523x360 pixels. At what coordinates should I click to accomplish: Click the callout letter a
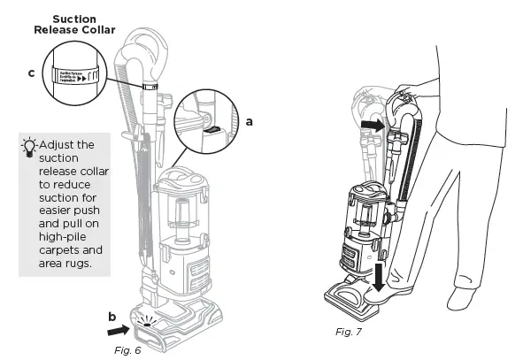tap(249, 123)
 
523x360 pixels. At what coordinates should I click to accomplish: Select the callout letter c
tap(31, 73)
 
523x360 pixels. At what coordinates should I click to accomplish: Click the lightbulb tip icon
tap(30, 147)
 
